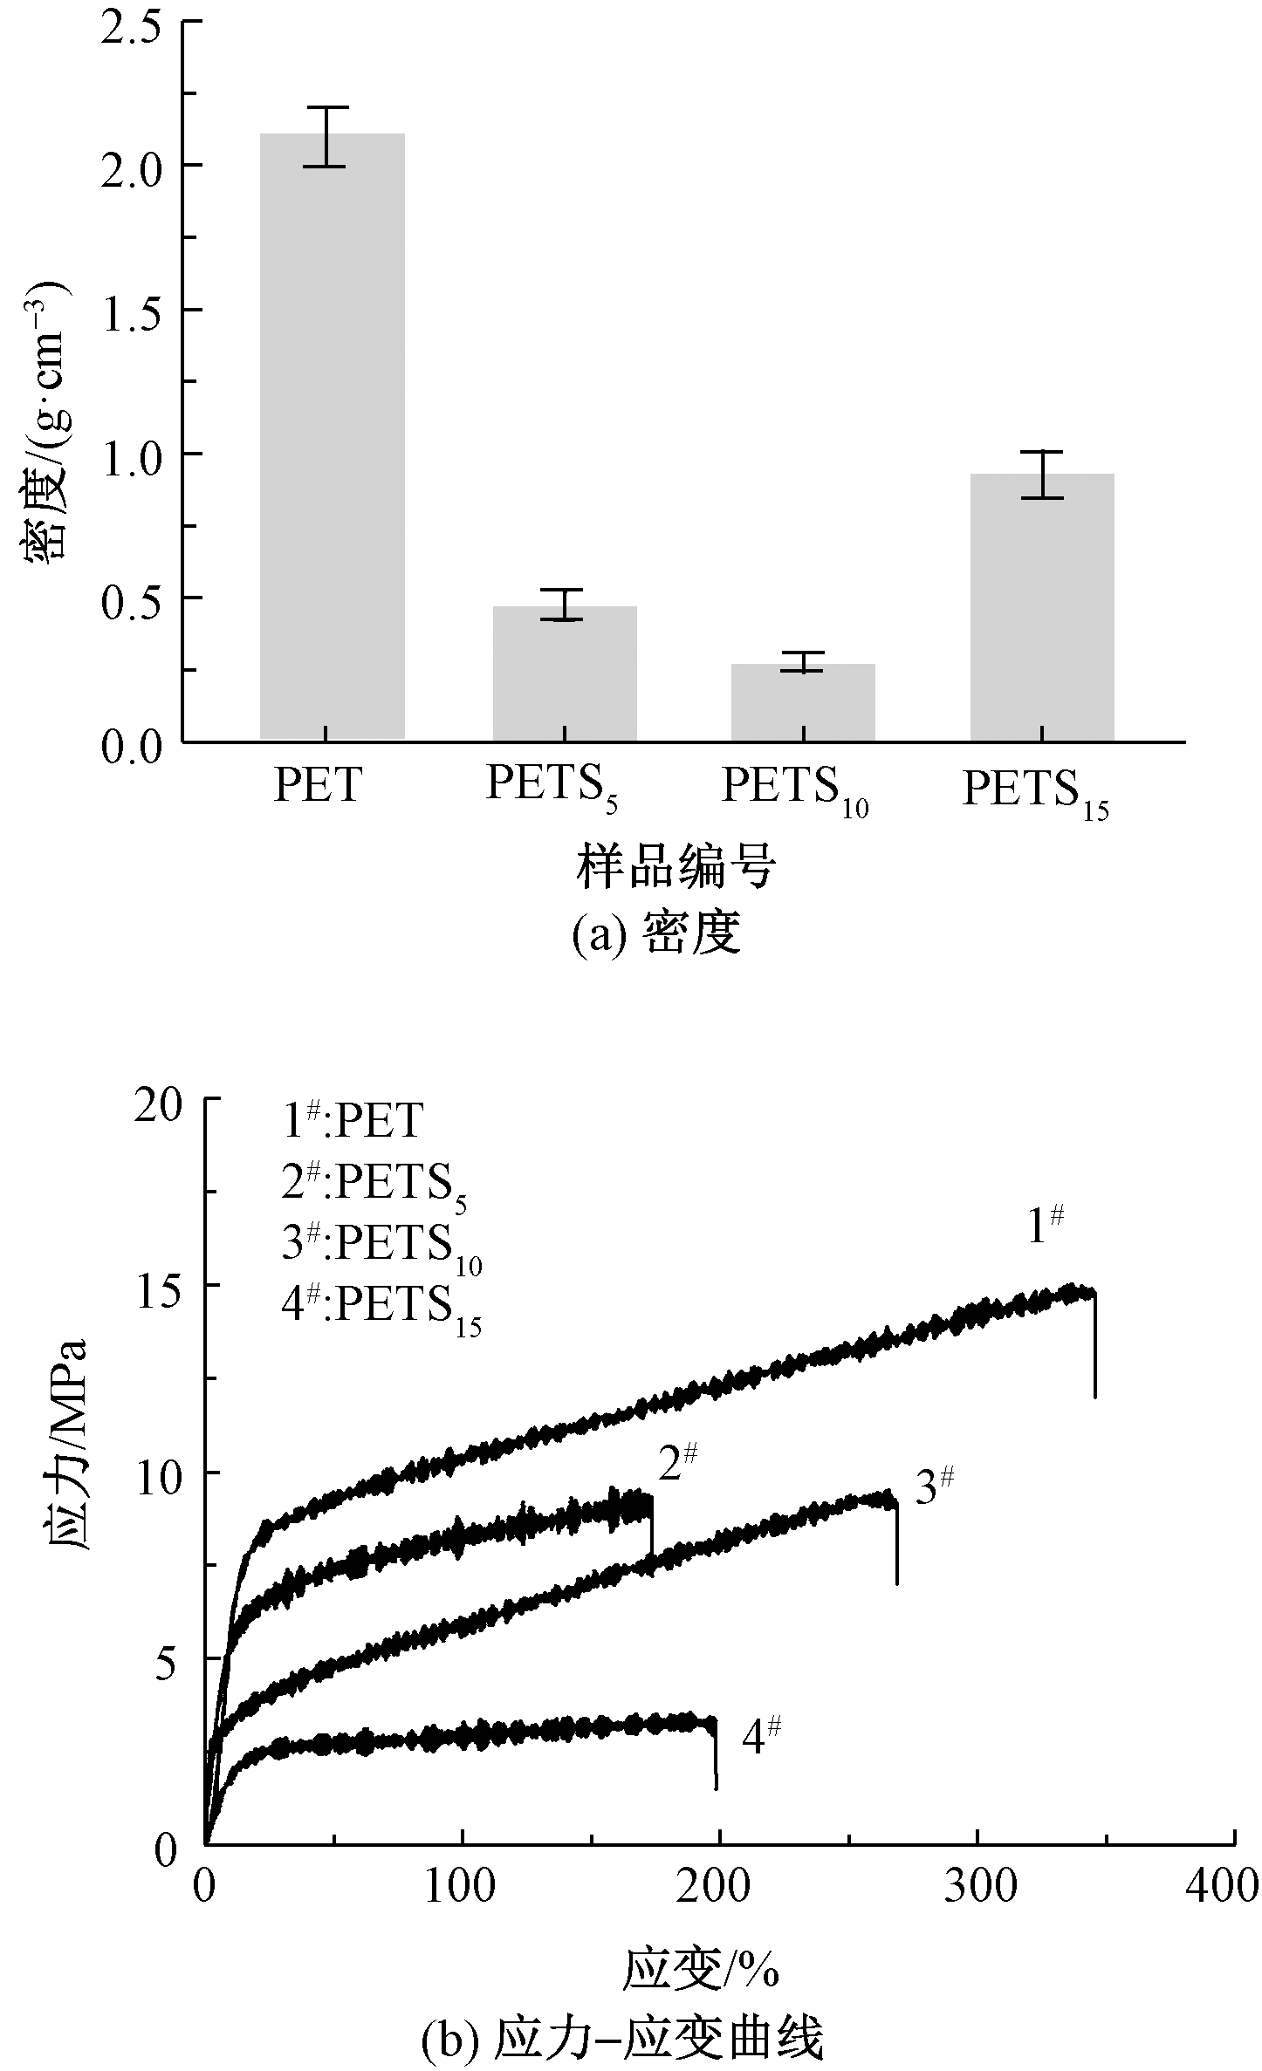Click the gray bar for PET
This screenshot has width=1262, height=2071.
[x=332, y=436]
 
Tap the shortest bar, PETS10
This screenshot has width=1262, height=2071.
[x=803, y=702]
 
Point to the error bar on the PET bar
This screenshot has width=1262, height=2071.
[x=325, y=136]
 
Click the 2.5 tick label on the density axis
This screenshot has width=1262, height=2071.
[x=130, y=21]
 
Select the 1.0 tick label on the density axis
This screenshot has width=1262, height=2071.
[x=130, y=454]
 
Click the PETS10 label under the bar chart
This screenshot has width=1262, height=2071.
[x=794, y=789]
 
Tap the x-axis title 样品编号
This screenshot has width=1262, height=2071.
[x=676, y=868]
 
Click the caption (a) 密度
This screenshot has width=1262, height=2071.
[x=656, y=936]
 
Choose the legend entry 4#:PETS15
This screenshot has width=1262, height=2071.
[x=382, y=1309]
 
